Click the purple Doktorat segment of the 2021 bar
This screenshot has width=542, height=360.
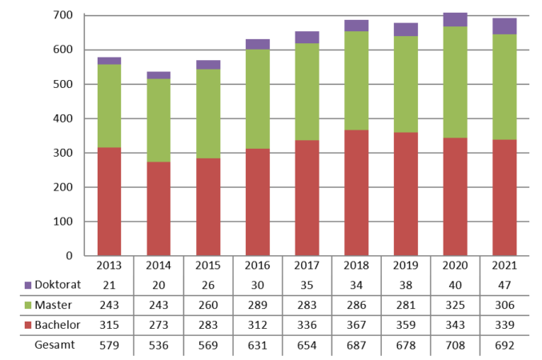click(x=504, y=26)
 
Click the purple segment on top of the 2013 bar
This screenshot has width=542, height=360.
click(x=109, y=61)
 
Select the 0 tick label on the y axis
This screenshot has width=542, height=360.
click(x=70, y=256)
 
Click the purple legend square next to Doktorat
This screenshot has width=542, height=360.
click(x=29, y=286)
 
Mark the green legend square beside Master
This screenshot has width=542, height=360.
click(x=29, y=306)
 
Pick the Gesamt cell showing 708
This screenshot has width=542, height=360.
click(x=455, y=346)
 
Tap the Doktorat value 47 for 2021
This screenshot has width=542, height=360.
click(x=504, y=286)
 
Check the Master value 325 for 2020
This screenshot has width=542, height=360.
click(x=455, y=306)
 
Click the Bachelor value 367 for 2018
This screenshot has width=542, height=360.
click(x=356, y=326)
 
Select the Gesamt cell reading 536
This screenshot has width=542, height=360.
click(x=159, y=346)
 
